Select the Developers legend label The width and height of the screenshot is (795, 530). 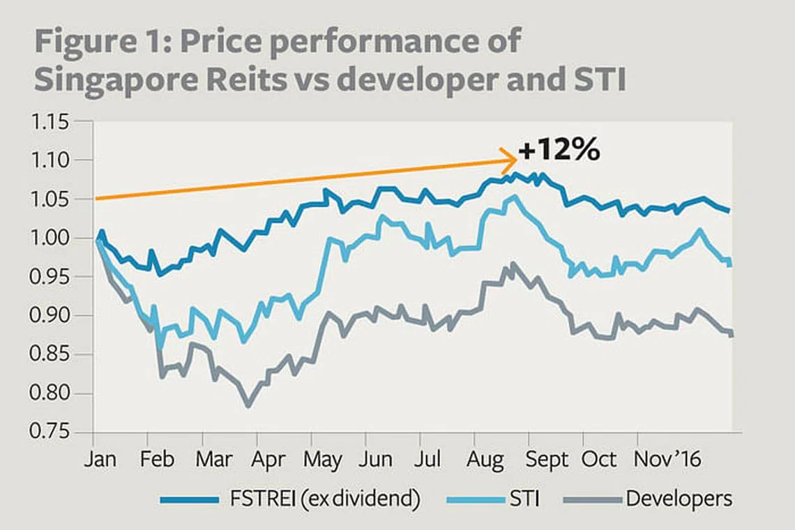click(679, 499)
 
